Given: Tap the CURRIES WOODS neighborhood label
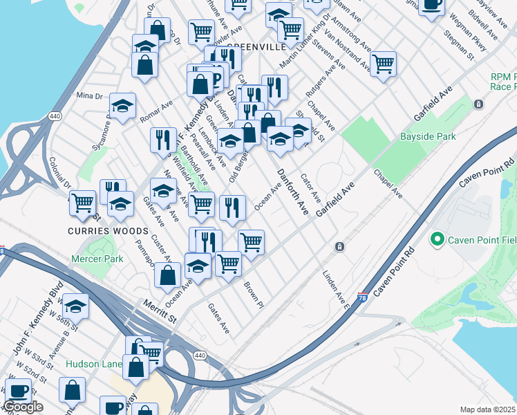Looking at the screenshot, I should tap(107, 230).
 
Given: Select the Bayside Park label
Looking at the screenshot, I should tap(429, 136).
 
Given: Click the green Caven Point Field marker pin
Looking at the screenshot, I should tap(437, 240).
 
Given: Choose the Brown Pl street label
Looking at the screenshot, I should tap(254, 295).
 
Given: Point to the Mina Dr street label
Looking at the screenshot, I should tap(88, 95).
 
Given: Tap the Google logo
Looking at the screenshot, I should tap(23, 407).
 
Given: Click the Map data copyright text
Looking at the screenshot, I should tap(488, 409).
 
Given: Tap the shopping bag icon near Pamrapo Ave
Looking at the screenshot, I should tap(168, 275).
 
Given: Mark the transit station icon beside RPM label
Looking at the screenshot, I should tap(478, 104).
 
